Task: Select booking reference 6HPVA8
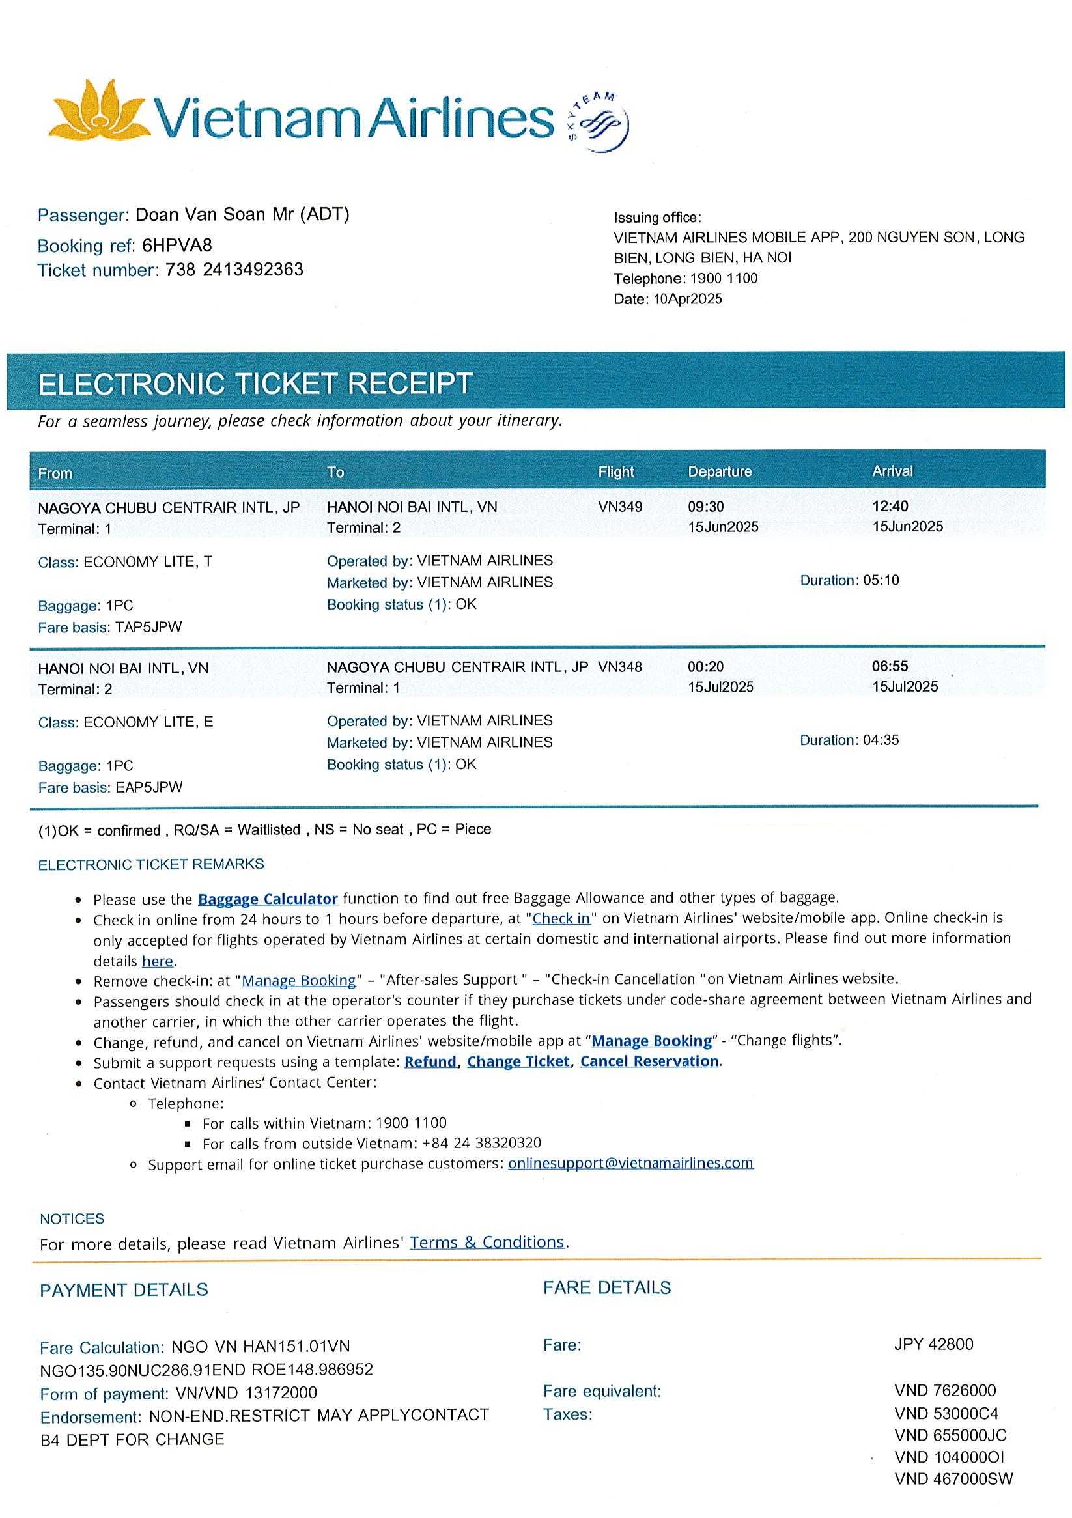[x=177, y=246]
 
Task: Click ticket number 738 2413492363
[x=234, y=270]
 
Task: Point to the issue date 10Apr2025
[x=687, y=299]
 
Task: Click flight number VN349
[x=619, y=507]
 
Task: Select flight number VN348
[x=619, y=667]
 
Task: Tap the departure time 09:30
[x=705, y=507]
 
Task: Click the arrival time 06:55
[x=890, y=666]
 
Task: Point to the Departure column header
[x=720, y=472]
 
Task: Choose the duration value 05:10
[x=881, y=580]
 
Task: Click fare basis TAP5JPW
[x=148, y=627]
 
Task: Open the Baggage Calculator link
[x=268, y=899]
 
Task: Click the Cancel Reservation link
[x=649, y=1061]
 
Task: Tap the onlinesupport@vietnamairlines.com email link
[x=630, y=1163]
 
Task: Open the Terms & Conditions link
[x=487, y=1243]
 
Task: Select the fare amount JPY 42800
[x=933, y=1344]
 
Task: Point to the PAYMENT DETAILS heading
[x=124, y=1290]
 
